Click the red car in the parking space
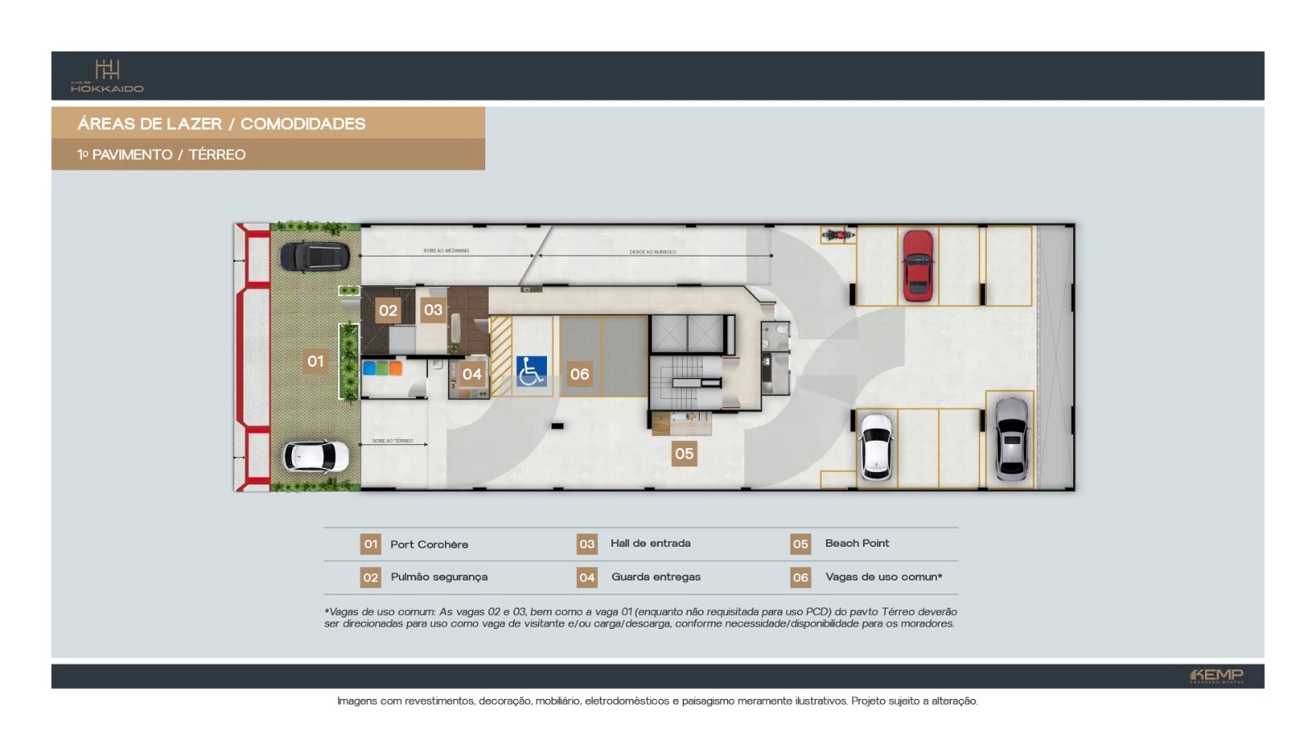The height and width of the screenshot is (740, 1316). pyautogui.click(x=918, y=265)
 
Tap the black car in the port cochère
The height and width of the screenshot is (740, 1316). pyautogui.click(x=314, y=257)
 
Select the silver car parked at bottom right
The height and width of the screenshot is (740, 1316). pyautogui.click(x=1012, y=439)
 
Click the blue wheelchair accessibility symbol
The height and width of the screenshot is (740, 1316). pyautogui.click(x=531, y=372)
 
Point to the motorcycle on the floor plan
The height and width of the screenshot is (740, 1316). pyautogui.click(x=837, y=235)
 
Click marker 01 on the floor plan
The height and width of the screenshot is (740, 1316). pyautogui.click(x=315, y=361)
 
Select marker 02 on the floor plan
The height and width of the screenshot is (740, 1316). pyautogui.click(x=388, y=311)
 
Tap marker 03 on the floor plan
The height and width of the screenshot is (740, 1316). pyautogui.click(x=433, y=310)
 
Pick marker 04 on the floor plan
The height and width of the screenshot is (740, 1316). pyautogui.click(x=471, y=374)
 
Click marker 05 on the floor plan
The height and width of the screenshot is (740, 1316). pyautogui.click(x=684, y=453)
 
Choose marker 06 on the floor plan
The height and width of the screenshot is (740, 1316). pyautogui.click(x=579, y=374)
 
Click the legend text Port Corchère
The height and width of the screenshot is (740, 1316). pyautogui.click(x=429, y=544)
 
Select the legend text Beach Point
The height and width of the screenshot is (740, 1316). pyautogui.click(x=856, y=543)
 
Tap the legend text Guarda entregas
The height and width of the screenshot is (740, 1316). pyautogui.click(x=656, y=577)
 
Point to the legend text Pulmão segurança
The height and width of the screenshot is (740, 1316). pyautogui.click(x=438, y=577)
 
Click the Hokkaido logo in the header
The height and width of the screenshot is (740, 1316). pyautogui.click(x=107, y=76)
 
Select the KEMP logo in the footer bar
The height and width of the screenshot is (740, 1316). pyautogui.click(x=1216, y=676)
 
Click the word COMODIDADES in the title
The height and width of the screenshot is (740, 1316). pyautogui.click(x=303, y=124)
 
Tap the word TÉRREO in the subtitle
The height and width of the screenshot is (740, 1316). pyautogui.click(x=217, y=155)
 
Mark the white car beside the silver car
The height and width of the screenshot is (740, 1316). pyautogui.click(x=876, y=446)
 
